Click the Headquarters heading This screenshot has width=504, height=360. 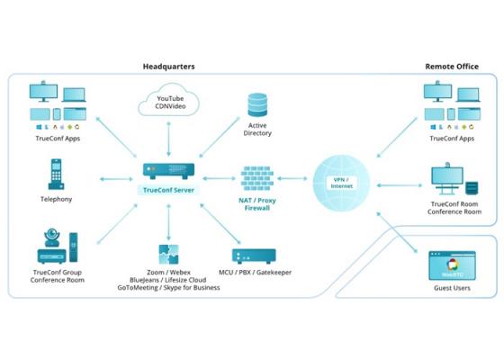point(169,67)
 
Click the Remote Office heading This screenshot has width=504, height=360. point(452,67)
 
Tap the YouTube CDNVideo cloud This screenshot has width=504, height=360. point(169,100)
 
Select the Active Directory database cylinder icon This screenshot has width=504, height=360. point(257,104)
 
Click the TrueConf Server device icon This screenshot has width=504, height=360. point(169,171)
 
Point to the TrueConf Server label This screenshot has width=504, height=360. point(169,190)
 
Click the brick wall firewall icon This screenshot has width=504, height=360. point(257,178)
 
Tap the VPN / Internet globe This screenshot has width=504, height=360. point(342,183)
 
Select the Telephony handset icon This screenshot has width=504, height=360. point(56,174)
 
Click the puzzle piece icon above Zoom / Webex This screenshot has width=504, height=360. point(169,254)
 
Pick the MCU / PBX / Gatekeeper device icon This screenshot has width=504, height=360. point(254,256)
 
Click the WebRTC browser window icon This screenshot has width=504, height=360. point(452,265)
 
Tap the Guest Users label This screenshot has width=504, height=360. point(452,288)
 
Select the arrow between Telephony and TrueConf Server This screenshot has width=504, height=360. point(116,179)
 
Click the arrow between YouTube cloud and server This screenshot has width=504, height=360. point(169,139)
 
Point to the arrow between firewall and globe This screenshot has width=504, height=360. point(292,178)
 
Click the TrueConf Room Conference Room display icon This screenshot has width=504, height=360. point(447,179)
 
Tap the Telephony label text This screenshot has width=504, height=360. point(56,199)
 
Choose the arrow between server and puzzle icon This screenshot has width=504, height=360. point(169,221)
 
